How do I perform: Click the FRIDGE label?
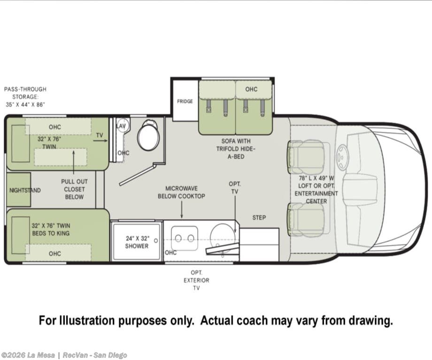pyautogui.click(x=185, y=101)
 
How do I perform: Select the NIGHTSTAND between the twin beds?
pyautogui.click(x=18, y=190)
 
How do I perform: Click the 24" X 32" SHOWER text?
pyautogui.click(x=137, y=242)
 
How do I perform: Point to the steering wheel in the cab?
pyautogui.click(x=342, y=157)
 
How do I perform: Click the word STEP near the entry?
pyautogui.click(x=259, y=218)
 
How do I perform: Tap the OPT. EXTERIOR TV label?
pyautogui.click(x=196, y=280)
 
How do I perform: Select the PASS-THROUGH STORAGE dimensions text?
pyautogui.click(x=25, y=97)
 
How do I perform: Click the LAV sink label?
pyautogui.click(x=121, y=126)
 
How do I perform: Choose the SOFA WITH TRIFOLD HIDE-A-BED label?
pyautogui.click(x=236, y=149)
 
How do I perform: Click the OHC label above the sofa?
pyautogui.click(x=251, y=89)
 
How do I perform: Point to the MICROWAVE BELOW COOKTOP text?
pyautogui.click(x=181, y=192)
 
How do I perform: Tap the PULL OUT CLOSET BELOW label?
pyautogui.click(x=74, y=189)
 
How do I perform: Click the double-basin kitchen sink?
pyautogui.click(x=185, y=238)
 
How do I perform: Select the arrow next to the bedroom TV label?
pyautogui.click(x=100, y=140)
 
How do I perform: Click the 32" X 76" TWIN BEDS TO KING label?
pyautogui.click(x=51, y=230)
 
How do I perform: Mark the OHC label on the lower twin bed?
pyautogui.click(x=55, y=253)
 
